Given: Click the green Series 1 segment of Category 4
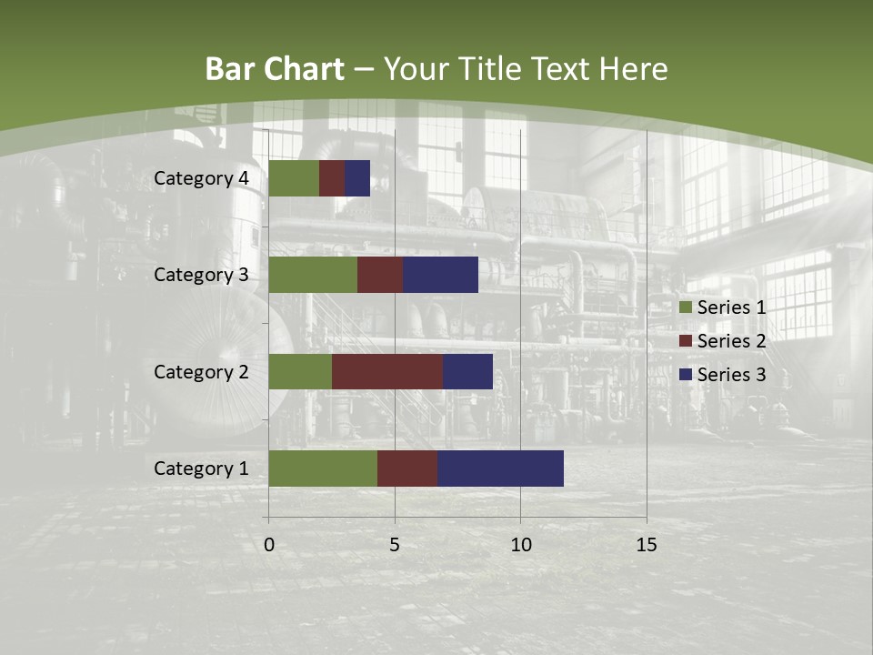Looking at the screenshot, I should (x=294, y=178).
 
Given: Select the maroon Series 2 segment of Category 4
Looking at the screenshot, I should (x=332, y=178).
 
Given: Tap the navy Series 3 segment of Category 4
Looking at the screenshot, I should (x=357, y=178).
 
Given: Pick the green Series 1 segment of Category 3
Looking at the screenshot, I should (x=313, y=275).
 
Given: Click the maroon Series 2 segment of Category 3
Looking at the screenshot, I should (x=380, y=275).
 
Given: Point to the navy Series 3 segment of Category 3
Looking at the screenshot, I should (x=441, y=275).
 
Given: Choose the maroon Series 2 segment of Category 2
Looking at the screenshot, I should (x=387, y=371).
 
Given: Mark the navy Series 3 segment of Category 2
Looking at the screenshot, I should (x=467, y=371).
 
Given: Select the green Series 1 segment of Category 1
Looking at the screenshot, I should (x=323, y=469).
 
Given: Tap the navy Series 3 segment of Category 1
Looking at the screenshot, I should (x=500, y=469).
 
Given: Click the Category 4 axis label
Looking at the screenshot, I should (x=201, y=178).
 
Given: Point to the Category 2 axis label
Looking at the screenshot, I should (x=201, y=371).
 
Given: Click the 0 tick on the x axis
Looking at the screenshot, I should (x=269, y=545).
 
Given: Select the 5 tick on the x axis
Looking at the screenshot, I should (x=395, y=545).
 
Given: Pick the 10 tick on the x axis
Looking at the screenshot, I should (x=520, y=545).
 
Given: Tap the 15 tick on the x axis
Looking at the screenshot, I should (x=646, y=545).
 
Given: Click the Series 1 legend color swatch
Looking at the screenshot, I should (x=685, y=307).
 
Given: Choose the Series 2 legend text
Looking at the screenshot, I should (x=731, y=341).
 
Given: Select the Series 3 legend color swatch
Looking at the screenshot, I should (x=685, y=375).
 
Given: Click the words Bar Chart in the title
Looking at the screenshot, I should (x=274, y=69).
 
